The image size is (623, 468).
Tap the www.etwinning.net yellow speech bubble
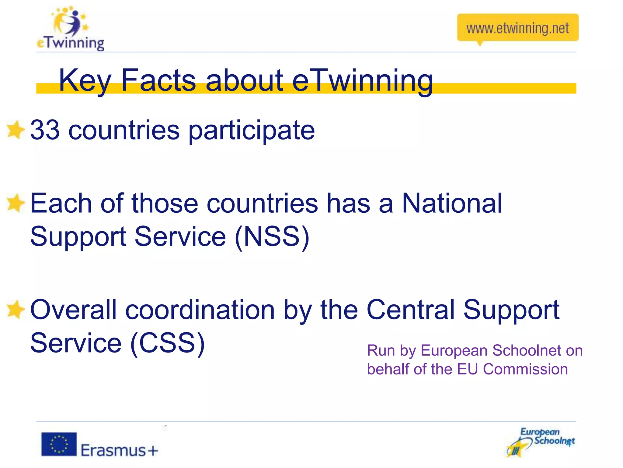(517, 28)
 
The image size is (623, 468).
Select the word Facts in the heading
(158, 80)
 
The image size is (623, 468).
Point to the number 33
(45, 130)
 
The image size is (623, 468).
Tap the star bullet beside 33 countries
(15, 130)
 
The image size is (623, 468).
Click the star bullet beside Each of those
(15, 203)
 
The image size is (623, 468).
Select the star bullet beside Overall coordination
(15, 310)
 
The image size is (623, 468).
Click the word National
(452, 203)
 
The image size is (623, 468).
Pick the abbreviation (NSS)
(272, 237)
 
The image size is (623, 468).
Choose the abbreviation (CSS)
(168, 343)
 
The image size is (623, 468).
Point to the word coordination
(200, 310)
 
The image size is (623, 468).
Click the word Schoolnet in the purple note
(527, 350)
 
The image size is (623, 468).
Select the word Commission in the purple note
(525, 369)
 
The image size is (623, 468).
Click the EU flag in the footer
(59, 444)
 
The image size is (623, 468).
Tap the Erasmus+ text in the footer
(120, 450)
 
